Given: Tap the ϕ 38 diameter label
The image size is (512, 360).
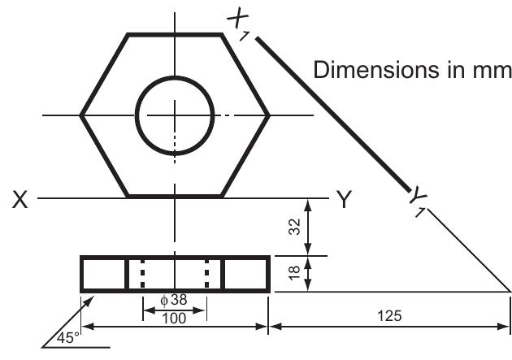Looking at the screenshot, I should click(173, 299).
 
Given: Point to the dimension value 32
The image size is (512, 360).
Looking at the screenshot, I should click(296, 227).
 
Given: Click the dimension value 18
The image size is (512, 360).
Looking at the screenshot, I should click(296, 274).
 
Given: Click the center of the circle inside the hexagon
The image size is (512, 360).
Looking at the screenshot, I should click(174, 115).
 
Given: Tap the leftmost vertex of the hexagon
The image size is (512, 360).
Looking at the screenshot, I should click(80, 115).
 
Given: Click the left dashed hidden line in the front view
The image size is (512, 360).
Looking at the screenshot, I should click(142, 273).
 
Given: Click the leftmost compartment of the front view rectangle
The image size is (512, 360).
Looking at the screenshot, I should click(104, 273).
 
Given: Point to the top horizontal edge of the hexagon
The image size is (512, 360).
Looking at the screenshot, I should click(174, 34).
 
